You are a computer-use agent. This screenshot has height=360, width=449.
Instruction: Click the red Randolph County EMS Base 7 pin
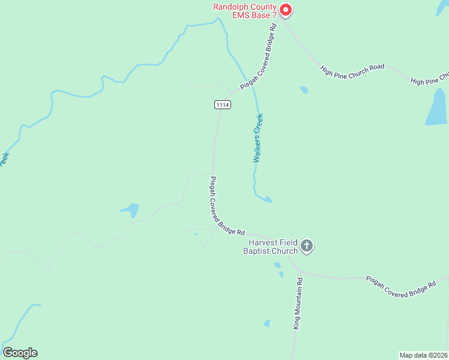pyautogui.click(x=286, y=10)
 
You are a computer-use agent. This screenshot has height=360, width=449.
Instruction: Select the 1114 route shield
pyautogui.click(x=222, y=104)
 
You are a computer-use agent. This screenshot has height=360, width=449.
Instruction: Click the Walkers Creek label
pyautogui.click(x=258, y=138)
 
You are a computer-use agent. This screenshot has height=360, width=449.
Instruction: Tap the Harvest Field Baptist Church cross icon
pyautogui.click(x=307, y=245)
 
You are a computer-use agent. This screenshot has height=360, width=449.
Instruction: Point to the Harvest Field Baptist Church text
pyautogui.click(x=270, y=247)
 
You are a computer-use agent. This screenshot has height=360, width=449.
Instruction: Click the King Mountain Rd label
pyautogui.click(x=297, y=302)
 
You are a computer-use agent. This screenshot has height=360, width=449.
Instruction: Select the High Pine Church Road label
pyautogui.click(x=352, y=68)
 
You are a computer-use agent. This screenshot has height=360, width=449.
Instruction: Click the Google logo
pyautogui.click(x=20, y=353)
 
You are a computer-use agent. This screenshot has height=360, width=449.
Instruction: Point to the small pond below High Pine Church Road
pyautogui.click(x=304, y=90)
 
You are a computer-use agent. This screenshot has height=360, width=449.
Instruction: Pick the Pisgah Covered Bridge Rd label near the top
pyautogui.click(x=259, y=57)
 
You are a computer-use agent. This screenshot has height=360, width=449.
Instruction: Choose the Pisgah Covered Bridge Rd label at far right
pyautogui.click(x=401, y=284)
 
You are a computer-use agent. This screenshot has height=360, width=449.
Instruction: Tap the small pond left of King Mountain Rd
pyautogui.click(x=267, y=323)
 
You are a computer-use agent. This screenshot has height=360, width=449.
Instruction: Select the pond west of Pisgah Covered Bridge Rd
pyautogui.click(x=130, y=210)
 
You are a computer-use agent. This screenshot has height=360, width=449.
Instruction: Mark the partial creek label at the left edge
pyautogui.click(x=4, y=160)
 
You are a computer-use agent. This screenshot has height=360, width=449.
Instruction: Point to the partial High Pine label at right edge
pyautogui.click(x=429, y=79)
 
